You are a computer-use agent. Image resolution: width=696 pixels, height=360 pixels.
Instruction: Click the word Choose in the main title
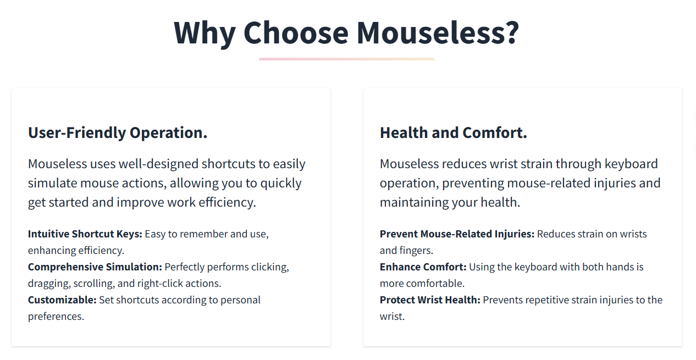click(x=296, y=32)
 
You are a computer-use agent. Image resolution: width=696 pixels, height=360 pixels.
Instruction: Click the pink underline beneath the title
click(x=347, y=59)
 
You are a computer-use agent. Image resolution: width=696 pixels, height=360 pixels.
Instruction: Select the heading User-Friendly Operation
click(x=118, y=133)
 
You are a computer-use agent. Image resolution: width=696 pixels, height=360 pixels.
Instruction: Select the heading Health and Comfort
click(x=454, y=132)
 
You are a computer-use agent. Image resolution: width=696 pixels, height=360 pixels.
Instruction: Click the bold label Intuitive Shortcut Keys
click(x=85, y=234)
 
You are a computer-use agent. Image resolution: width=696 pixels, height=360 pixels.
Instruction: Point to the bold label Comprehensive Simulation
click(x=95, y=267)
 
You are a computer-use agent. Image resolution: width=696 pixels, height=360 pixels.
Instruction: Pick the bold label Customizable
click(x=62, y=300)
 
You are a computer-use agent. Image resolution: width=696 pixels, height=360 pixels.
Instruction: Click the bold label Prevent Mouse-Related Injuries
click(x=457, y=234)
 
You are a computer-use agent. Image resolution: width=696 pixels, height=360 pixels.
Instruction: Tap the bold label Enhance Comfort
click(x=423, y=267)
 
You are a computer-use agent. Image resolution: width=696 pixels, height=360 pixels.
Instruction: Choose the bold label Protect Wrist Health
click(x=430, y=300)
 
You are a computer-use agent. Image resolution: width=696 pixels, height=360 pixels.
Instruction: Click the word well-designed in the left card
click(x=158, y=164)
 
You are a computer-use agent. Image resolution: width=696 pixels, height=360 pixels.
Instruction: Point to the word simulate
click(x=52, y=183)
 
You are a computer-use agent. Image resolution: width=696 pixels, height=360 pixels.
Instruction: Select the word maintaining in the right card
click(x=414, y=202)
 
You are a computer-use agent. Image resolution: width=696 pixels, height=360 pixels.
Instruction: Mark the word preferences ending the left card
click(x=56, y=317)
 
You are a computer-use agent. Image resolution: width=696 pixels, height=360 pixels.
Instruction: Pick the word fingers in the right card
click(x=417, y=251)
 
